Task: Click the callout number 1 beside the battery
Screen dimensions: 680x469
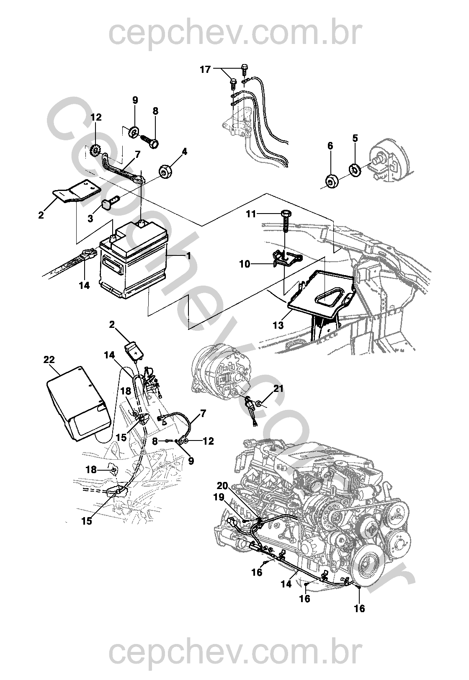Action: pos(189,255)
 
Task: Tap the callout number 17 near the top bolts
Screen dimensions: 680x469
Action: pos(206,69)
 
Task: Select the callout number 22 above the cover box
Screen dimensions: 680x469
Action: pos(49,359)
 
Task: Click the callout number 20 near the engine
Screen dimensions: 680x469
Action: pos(222,486)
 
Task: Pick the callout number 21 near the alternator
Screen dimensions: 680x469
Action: pos(278,389)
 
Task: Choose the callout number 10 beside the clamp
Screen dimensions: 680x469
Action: pos(245,264)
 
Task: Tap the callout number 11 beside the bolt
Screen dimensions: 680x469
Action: pos(251,214)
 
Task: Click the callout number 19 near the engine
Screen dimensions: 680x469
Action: pos(219,498)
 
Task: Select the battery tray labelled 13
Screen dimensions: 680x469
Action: pos(320,293)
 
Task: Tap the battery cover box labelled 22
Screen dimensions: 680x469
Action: pos(80,404)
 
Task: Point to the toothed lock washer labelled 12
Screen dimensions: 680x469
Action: pos(96,149)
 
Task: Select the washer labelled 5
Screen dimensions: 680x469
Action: pos(355,170)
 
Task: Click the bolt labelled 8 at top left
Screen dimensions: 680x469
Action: pos(150,140)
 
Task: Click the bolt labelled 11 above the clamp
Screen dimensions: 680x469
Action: pos(285,219)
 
